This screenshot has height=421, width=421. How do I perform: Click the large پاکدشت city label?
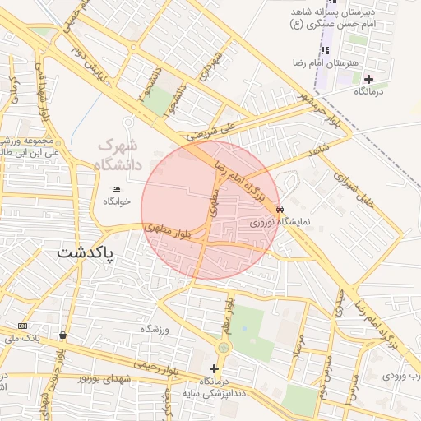point(86,253)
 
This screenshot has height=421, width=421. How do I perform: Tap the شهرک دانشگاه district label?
point(120,155)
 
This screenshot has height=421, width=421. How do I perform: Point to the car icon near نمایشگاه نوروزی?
point(281,209)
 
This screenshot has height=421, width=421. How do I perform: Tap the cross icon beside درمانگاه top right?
point(368,80)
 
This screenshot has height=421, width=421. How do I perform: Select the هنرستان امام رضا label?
point(320,63)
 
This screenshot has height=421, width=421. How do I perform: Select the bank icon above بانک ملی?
point(21,326)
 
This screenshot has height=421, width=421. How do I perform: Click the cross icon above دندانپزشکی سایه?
point(215,369)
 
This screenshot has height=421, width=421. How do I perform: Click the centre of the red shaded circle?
point(210,210)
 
